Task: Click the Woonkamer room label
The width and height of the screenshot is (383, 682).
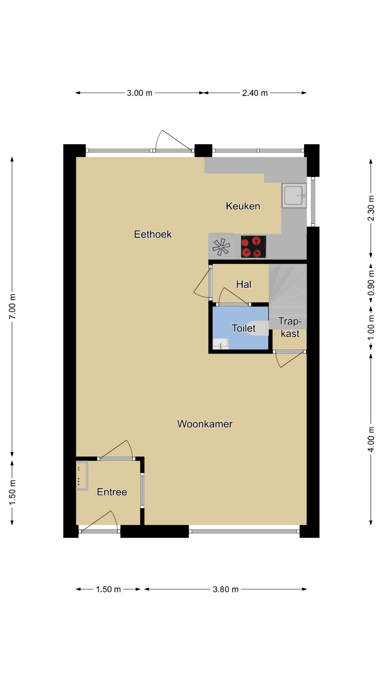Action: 205,424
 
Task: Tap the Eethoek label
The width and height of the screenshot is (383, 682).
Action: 153,234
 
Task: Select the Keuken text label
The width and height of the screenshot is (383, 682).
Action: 243,206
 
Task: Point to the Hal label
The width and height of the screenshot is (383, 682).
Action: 244,284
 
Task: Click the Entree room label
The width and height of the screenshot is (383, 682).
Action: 112,492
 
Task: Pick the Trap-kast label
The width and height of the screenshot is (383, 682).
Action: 290,328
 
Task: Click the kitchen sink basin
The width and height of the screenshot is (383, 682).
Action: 294,195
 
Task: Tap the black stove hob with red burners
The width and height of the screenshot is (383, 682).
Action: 254,247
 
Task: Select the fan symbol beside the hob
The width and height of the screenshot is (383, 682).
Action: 221,247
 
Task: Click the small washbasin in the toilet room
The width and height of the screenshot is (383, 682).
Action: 221,344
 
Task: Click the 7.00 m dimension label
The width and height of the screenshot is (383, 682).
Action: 12,306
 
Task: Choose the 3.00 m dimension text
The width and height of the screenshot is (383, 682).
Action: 140,93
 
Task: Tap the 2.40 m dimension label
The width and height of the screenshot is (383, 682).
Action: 255,93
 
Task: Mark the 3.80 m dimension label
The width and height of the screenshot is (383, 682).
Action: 226,590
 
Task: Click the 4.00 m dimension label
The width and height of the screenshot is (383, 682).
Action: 371,439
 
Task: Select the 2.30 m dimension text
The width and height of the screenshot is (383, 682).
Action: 371,208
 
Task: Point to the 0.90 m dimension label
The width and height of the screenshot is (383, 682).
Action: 371,283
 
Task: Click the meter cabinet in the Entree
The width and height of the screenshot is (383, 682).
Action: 82,476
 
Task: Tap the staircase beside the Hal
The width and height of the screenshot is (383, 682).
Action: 288,296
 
